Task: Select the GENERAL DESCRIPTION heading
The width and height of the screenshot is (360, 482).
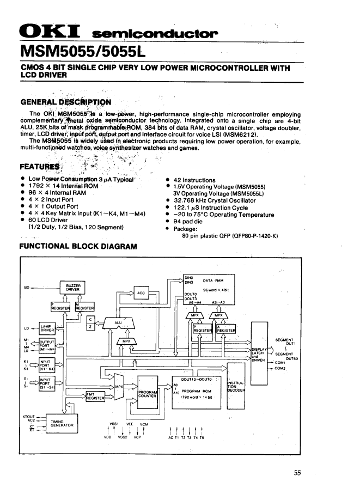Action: pos(65,102)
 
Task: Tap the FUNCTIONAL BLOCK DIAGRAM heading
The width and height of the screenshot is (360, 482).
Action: pos(77,247)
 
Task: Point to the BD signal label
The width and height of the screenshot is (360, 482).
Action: pos(27,286)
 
